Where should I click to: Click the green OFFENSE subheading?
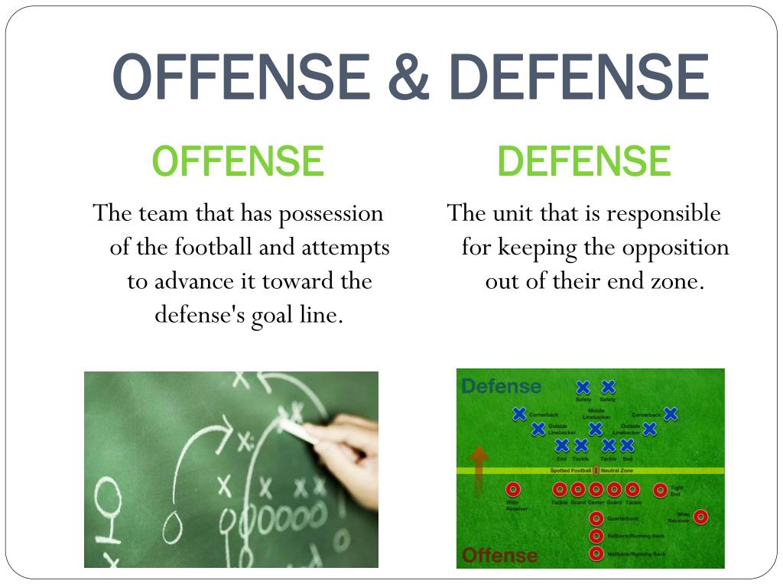[238, 161]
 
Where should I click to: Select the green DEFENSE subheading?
[583, 161]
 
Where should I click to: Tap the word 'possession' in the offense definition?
[330, 213]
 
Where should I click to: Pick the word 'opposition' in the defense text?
[675, 248]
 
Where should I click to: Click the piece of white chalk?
[298, 433]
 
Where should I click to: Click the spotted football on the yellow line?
[596, 470]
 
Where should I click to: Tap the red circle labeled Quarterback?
[596, 518]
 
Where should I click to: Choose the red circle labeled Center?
[596, 489]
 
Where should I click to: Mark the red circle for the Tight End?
[660, 490]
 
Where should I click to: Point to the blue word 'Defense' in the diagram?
[501, 387]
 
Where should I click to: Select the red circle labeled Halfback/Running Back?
[596, 553]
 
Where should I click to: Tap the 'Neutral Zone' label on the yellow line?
[620, 470]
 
